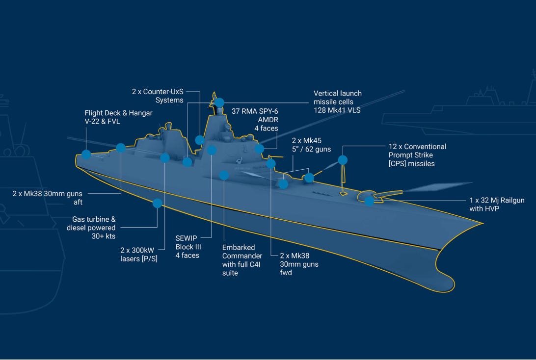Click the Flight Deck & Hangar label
(x=118, y=117)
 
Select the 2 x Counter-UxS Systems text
(x=158, y=96)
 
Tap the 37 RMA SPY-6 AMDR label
(x=255, y=120)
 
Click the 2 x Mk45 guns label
(x=311, y=145)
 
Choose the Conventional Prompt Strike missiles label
(x=417, y=155)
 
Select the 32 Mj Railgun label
(x=497, y=204)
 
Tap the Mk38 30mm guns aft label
(x=48, y=198)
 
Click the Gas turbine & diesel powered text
(x=91, y=228)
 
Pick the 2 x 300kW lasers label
(x=139, y=255)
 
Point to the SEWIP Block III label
(x=188, y=247)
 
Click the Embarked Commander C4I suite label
(x=242, y=260)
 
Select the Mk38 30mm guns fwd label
(x=299, y=264)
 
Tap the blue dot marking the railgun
(x=369, y=201)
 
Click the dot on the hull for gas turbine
(x=157, y=203)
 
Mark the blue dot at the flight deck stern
(x=86, y=154)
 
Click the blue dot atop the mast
(x=219, y=103)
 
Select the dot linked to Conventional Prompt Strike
(x=343, y=160)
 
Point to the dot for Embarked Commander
(x=224, y=175)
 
